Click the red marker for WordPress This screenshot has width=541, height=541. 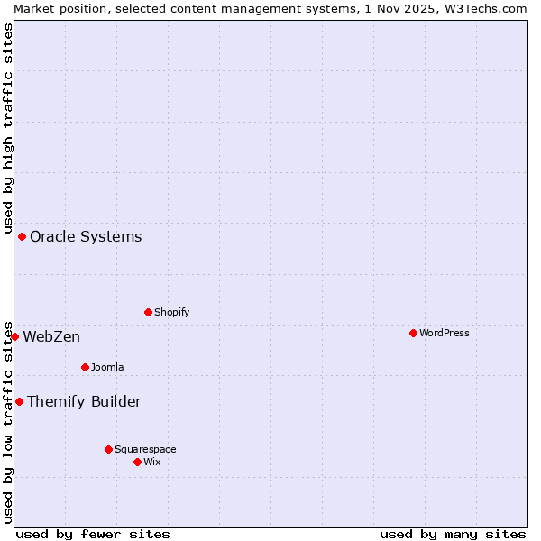coord(413,333)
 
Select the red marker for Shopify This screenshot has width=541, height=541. coord(148,312)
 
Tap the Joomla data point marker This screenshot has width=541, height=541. coord(85,367)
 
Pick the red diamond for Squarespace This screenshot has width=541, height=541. coord(108,449)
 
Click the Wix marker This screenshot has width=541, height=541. coord(137,462)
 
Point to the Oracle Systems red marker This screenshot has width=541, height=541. coord(22,236)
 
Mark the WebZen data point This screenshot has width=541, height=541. coord(14,336)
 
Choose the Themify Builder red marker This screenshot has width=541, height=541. coord(19,401)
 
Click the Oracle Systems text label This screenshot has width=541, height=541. coord(86,237)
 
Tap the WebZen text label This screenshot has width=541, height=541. coord(51,337)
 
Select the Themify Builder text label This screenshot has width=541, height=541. coord(84,402)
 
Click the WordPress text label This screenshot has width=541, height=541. coord(444,333)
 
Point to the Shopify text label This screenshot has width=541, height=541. coord(171,312)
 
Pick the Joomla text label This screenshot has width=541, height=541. coord(107,367)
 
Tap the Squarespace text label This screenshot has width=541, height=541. coord(145,449)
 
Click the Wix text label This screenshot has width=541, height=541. coord(151,462)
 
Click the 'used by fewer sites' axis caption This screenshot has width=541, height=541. coord(93,534)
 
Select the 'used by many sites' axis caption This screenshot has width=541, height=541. coord(453,534)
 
